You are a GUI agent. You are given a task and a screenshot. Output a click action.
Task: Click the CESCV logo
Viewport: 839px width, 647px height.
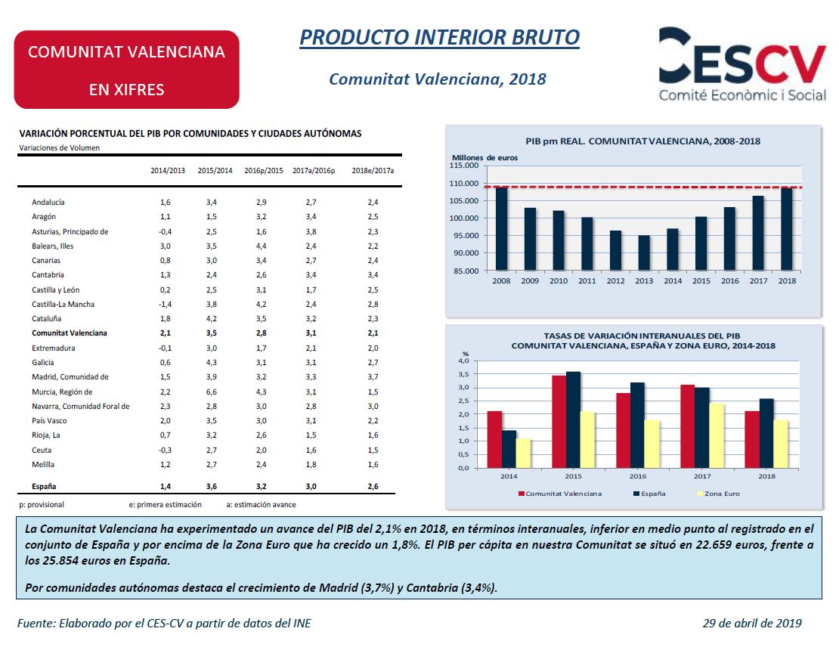(742, 64)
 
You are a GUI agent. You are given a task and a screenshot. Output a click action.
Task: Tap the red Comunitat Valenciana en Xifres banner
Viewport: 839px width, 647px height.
(127, 70)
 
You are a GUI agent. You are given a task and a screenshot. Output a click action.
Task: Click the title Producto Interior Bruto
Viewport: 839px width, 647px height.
(439, 38)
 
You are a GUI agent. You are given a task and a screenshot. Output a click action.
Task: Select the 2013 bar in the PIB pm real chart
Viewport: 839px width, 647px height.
(644, 252)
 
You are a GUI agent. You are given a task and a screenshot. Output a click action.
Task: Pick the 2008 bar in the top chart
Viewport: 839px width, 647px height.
(501, 228)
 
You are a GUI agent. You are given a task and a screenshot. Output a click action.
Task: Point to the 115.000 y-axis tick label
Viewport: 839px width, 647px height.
(464, 166)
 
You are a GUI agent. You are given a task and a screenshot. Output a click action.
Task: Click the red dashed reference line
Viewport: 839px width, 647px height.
(644, 187)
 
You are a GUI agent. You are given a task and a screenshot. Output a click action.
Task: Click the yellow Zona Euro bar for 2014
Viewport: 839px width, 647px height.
(523, 454)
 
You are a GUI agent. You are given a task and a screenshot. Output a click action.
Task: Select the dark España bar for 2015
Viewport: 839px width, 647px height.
(573, 420)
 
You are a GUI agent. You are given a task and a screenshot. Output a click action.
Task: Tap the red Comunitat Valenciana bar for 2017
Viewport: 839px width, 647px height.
(688, 426)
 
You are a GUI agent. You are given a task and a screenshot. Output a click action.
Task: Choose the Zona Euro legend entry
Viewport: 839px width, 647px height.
(719, 494)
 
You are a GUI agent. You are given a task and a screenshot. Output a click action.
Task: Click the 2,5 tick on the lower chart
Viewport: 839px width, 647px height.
(464, 401)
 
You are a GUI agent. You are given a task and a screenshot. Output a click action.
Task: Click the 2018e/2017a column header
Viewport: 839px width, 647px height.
(373, 171)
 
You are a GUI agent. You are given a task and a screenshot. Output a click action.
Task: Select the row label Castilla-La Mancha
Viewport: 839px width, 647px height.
(63, 304)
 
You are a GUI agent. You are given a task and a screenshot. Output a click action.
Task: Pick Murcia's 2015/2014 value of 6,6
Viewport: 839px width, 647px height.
(212, 392)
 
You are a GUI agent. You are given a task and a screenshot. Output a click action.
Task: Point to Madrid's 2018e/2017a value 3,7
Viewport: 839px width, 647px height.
(373, 376)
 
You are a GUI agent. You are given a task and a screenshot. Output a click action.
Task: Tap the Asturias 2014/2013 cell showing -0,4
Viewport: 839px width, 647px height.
(165, 232)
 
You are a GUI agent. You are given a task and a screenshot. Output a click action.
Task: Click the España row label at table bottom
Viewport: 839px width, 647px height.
(44, 487)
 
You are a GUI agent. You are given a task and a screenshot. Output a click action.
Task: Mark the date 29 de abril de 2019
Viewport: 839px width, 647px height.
(752, 623)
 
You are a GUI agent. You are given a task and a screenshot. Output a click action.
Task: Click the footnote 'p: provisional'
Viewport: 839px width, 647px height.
(42, 505)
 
